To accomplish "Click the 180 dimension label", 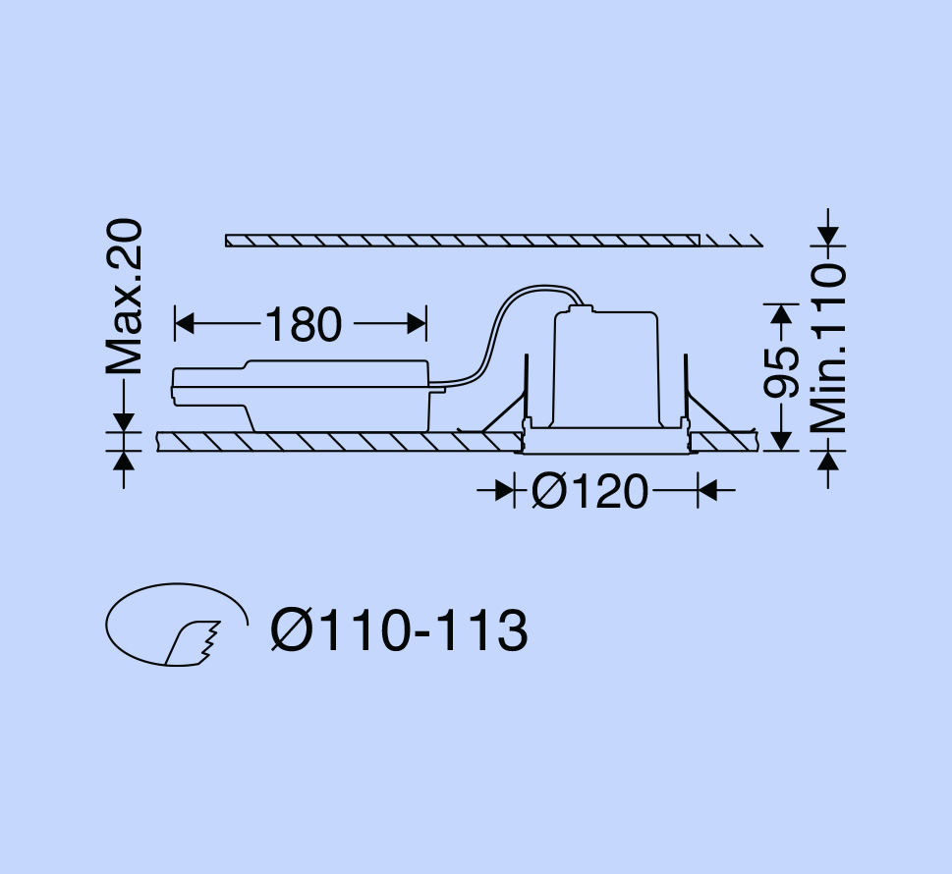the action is [x=304, y=324].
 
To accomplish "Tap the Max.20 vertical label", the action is [x=125, y=297].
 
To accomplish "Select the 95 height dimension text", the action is [x=782, y=372].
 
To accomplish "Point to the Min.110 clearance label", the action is [x=829, y=348].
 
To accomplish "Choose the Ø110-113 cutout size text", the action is [x=399, y=630].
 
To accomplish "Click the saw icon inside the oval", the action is [x=193, y=643].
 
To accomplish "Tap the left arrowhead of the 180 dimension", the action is [x=184, y=323].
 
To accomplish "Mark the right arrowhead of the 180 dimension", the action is [x=418, y=323].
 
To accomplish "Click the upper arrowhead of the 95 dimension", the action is [x=782, y=314].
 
